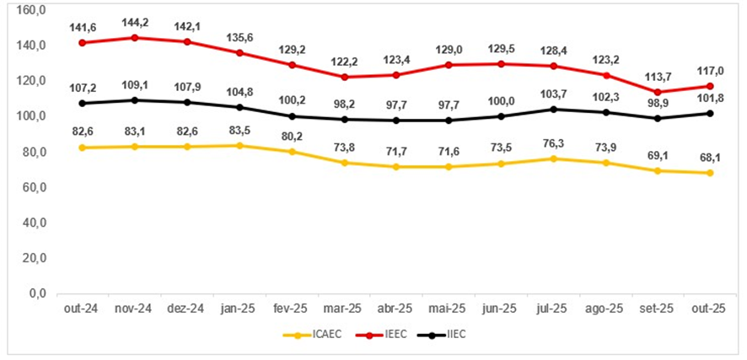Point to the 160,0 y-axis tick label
coord(31,10)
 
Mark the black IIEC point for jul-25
coord(552,109)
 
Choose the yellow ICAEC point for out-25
coord(711,173)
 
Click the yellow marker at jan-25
coord(239,145)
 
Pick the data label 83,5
coord(239,129)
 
